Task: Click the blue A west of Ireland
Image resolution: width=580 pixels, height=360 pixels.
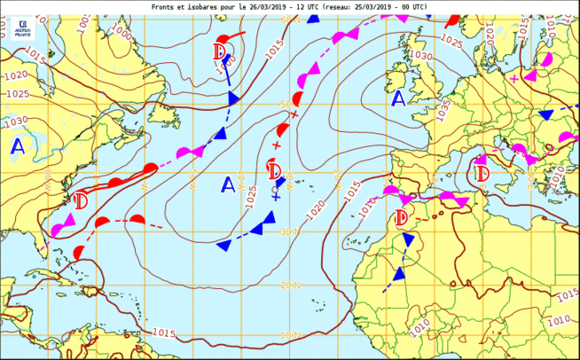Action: coord(399,98)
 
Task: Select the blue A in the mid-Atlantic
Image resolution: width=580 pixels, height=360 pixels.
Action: coord(228,184)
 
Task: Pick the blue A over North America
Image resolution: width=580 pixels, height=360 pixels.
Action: coord(18,147)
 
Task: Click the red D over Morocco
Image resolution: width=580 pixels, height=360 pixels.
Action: coord(401,217)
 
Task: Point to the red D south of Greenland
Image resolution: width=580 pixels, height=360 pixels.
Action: coord(221,51)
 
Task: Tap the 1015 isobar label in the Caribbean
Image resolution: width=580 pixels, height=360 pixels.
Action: coord(163,333)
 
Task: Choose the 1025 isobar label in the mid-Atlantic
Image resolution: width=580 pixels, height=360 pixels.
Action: coord(251,194)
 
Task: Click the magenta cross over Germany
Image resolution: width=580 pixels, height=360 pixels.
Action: coord(514,78)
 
